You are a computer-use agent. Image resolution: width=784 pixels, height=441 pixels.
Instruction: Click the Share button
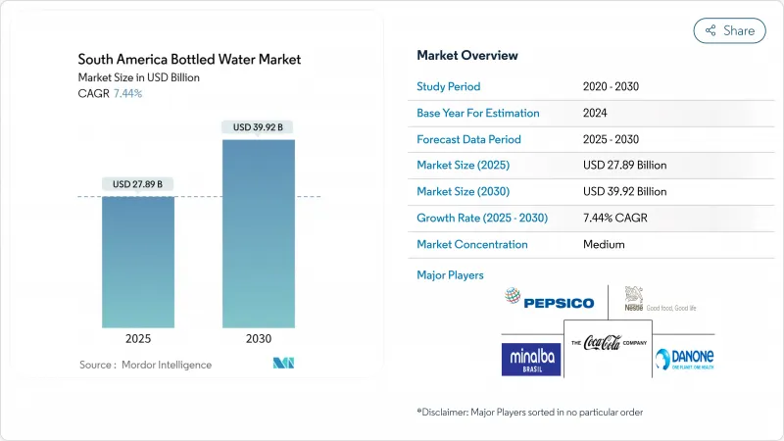(x=730, y=30)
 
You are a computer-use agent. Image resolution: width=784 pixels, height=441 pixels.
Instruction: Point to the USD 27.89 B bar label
(x=137, y=184)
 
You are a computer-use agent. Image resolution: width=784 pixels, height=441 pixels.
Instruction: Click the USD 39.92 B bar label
(x=258, y=126)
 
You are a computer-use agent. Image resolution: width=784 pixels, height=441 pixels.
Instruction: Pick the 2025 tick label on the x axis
(x=137, y=338)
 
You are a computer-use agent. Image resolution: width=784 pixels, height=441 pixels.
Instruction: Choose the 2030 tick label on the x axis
(x=258, y=338)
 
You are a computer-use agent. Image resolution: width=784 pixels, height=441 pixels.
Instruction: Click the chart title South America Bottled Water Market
(x=190, y=59)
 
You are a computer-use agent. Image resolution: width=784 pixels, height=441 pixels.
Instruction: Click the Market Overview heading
(x=467, y=55)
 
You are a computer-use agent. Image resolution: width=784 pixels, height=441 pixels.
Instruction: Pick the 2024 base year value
(x=594, y=113)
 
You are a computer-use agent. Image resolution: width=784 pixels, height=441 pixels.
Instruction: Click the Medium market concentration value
(x=603, y=244)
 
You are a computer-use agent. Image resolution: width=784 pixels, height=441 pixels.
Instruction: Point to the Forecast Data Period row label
(x=468, y=139)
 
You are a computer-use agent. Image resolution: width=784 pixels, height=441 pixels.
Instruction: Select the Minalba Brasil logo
(x=531, y=360)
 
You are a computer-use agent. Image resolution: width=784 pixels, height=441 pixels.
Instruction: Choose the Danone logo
(x=684, y=360)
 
